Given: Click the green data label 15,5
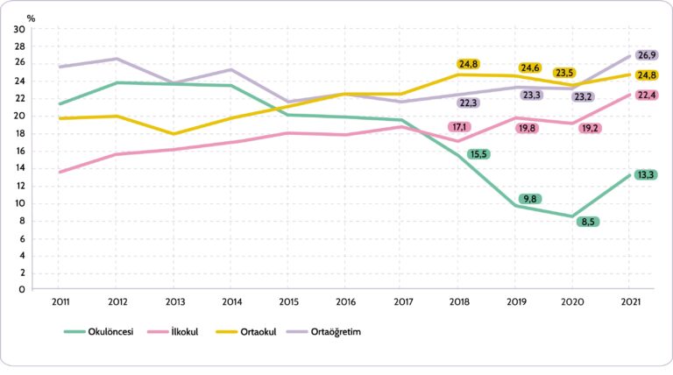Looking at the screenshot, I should coord(478,154).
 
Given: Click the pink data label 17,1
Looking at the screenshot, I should coord(460,127).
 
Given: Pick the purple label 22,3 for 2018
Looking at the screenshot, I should coord(469,103).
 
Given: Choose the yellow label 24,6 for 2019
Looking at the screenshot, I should coord(530,67).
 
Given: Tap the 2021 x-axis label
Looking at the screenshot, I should coord(628,301).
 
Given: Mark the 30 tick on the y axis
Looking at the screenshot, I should coord(19,29).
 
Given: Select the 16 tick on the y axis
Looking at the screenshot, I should coord(19,151).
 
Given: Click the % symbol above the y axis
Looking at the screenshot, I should coord(32,17).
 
